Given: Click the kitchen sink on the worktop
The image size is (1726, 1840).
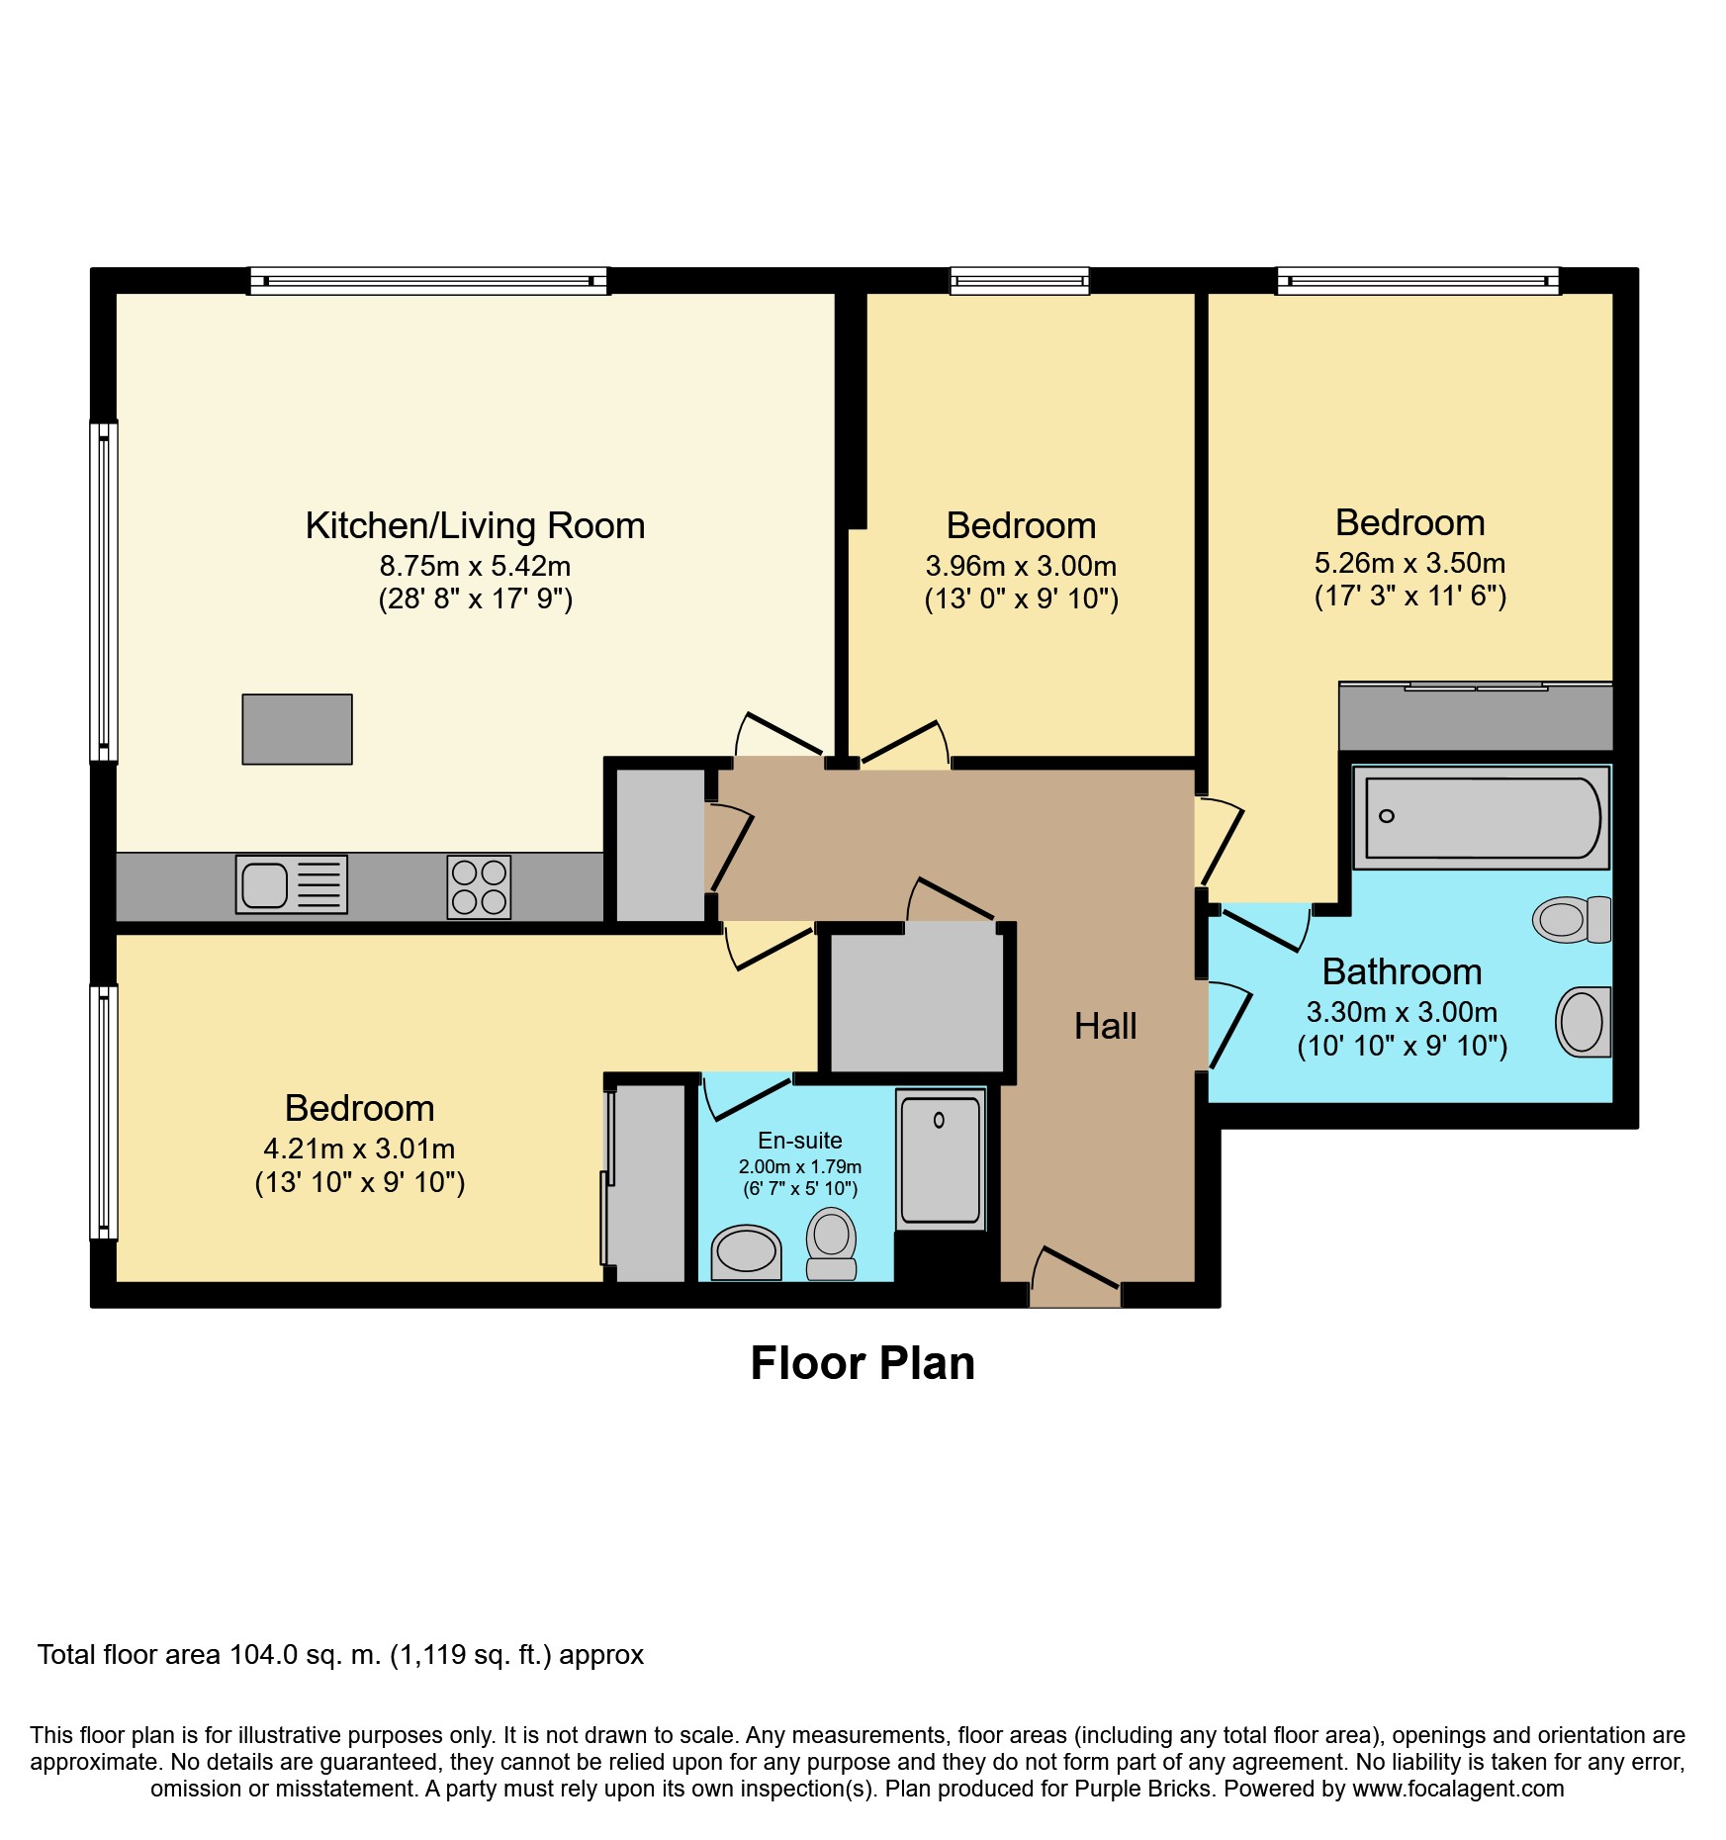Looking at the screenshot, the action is tap(292, 883).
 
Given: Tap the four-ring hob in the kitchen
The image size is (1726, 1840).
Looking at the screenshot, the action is tap(479, 886).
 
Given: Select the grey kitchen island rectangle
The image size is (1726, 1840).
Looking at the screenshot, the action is tap(297, 729).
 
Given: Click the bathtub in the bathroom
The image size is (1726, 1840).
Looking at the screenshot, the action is tap(1481, 818).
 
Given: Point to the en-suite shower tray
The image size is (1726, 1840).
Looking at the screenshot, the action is tap(941, 1159).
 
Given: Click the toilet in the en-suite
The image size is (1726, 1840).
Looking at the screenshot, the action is tap(831, 1243).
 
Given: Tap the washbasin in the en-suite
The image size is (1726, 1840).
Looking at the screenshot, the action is tap(747, 1252).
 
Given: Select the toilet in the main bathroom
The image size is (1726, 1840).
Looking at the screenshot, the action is tap(1572, 919).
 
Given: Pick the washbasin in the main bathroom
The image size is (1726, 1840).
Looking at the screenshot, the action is tap(1584, 1022).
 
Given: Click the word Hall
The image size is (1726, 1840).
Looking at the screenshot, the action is tap(1105, 1026).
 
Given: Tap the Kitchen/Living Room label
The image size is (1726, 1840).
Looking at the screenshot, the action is tap(475, 525).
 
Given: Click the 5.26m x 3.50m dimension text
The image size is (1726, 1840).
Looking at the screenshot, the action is tap(1409, 563).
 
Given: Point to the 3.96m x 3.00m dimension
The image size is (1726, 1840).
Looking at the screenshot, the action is tap(1021, 566).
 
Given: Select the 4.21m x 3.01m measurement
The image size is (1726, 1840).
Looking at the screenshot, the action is tap(359, 1149).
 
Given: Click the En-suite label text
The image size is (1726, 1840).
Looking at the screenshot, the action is tap(800, 1141).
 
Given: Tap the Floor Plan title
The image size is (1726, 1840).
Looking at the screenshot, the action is tap(863, 1363).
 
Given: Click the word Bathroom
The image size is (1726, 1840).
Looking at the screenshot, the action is tap(1402, 971).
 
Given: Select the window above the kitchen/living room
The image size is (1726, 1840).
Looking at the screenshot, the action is tap(428, 281).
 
